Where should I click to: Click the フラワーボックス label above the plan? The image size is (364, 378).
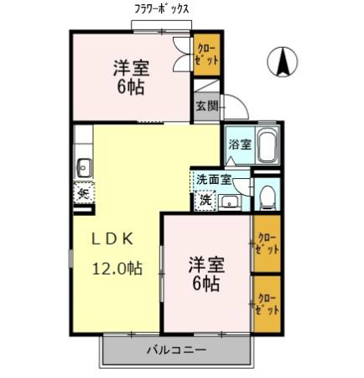(162, 9)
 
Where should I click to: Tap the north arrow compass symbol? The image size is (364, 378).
(283, 61)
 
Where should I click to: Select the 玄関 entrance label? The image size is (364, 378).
(207, 107)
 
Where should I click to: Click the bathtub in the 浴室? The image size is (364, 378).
(268, 145)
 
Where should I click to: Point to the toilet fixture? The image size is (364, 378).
(268, 197)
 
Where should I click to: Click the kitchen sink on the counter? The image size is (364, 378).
(84, 168)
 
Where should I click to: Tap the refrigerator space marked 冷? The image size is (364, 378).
(84, 193)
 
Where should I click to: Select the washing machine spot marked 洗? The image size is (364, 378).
(205, 200)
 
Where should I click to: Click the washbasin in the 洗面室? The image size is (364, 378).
(230, 202)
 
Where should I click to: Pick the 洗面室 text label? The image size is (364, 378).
(214, 180)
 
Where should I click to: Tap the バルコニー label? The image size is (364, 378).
(177, 349)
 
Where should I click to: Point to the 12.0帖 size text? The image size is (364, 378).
(117, 268)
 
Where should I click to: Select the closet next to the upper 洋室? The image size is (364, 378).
(207, 55)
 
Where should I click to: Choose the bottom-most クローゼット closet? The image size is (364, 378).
(267, 304)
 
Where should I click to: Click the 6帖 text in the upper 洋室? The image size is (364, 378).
(130, 87)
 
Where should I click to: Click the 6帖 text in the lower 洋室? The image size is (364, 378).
(205, 284)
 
